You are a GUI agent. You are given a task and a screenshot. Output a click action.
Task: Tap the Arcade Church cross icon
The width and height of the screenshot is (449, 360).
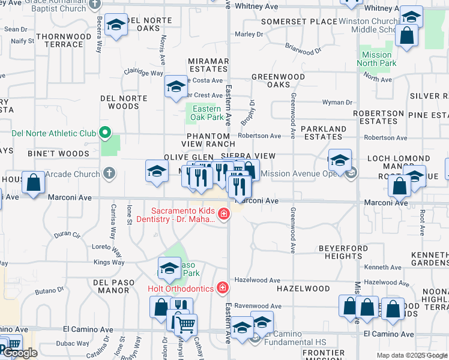(x=108, y=174)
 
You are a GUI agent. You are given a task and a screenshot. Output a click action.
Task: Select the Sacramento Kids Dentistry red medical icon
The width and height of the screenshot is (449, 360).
(x=223, y=214)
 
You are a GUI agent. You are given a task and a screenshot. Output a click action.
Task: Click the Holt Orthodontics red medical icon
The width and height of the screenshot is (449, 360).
(x=222, y=289)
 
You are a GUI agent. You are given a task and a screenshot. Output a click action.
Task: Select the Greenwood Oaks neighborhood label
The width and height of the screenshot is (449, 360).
(x=278, y=81)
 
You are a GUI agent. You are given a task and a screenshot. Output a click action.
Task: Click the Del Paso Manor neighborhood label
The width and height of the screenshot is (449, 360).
(x=111, y=286)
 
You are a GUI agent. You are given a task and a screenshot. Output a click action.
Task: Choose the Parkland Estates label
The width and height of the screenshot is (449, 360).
(x=324, y=133)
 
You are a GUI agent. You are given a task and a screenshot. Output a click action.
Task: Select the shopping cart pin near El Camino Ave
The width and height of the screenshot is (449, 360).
(x=186, y=325)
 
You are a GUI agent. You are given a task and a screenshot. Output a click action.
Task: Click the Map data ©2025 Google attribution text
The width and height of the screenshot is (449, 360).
(x=412, y=355)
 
